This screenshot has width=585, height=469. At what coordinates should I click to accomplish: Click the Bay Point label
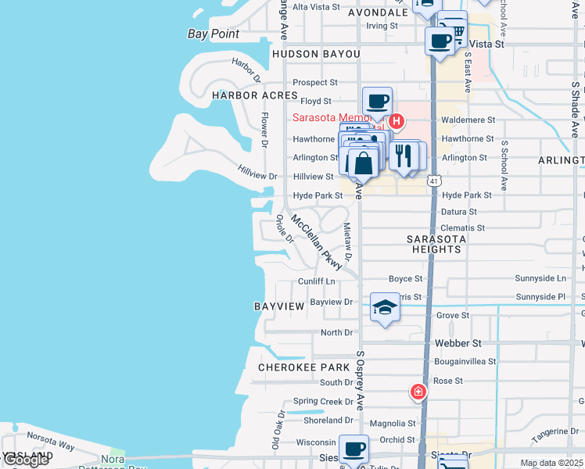pos(214,34)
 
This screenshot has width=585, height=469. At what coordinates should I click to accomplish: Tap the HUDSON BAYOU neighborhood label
pos(316,54)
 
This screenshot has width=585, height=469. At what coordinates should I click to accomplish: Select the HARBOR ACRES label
pos(255,95)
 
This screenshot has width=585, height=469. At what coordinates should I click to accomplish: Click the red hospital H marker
pos(397,121)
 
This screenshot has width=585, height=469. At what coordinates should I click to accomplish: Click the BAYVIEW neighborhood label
pos(279,306)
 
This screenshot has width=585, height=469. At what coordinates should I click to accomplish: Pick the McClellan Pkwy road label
pos(317,243)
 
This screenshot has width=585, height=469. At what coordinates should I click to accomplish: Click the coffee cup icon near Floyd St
pos(377,101)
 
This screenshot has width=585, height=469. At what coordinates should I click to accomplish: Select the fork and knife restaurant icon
pos(404,155)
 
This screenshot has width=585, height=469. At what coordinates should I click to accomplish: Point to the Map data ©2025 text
pos(551,464)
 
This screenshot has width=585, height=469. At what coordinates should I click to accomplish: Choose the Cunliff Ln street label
pos(316,281)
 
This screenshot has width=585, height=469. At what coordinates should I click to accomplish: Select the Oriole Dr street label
pos(284,228)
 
